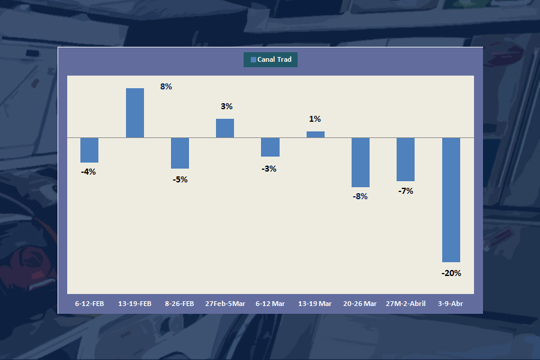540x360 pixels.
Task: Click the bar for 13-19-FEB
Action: [x=134, y=113]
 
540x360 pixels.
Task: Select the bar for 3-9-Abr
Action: [x=451, y=200]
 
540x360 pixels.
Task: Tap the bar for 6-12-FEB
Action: [x=89, y=150]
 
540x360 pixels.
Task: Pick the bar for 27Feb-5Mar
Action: [x=225, y=128]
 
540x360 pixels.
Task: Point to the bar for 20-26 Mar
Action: [x=361, y=163]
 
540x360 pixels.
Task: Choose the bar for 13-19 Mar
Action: [x=316, y=134]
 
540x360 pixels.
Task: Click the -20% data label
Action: [x=451, y=273]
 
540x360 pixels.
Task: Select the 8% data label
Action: [x=166, y=86]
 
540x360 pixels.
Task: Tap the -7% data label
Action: [x=406, y=191]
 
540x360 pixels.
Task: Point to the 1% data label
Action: [x=315, y=119]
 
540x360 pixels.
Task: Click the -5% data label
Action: [x=180, y=179]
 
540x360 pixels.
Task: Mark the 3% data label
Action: [x=226, y=106]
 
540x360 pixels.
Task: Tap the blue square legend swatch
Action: [x=253, y=59]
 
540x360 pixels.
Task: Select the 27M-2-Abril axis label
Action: [x=406, y=304]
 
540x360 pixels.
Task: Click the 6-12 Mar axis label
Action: [x=270, y=304]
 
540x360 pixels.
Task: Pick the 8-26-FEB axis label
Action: [x=179, y=304]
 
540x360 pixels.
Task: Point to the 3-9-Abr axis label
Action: [x=451, y=304]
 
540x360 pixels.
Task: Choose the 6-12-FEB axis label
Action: [x=89, y=304]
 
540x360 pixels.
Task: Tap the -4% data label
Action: [x=88, y=172]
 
